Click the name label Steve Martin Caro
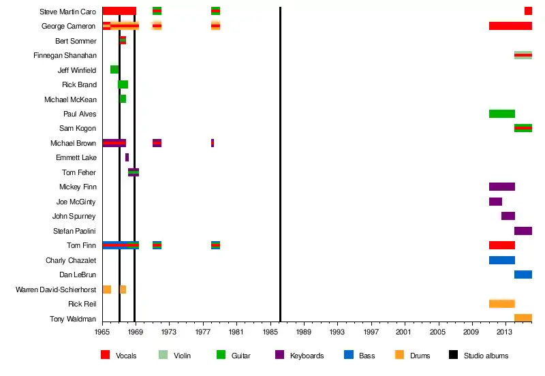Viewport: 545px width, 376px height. [x=67, y=12]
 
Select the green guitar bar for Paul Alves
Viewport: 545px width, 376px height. [x=501, y=114]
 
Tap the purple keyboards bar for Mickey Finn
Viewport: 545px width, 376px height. [x=501, y=187]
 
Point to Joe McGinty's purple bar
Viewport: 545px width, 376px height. [x=495, y=202]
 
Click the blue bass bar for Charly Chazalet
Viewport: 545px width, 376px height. [x=501, y=260]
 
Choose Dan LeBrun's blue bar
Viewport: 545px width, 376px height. [x=523, y=275]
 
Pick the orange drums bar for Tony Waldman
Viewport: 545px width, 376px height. [x=523, y=318]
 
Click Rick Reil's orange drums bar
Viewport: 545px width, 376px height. [x=501, y=304]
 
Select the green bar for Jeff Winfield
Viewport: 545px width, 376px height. [x=114, y=69]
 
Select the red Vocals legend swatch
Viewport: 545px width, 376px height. [x=105, y=355]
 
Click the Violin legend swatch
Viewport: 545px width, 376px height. [x=163, y=355]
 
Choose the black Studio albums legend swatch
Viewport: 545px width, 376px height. [x=453, y=355]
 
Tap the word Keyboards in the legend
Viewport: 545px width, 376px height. [x=307, y=356]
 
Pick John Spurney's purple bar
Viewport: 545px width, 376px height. [x=508, y=216]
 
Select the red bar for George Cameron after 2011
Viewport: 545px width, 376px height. [x=510, y=26]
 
